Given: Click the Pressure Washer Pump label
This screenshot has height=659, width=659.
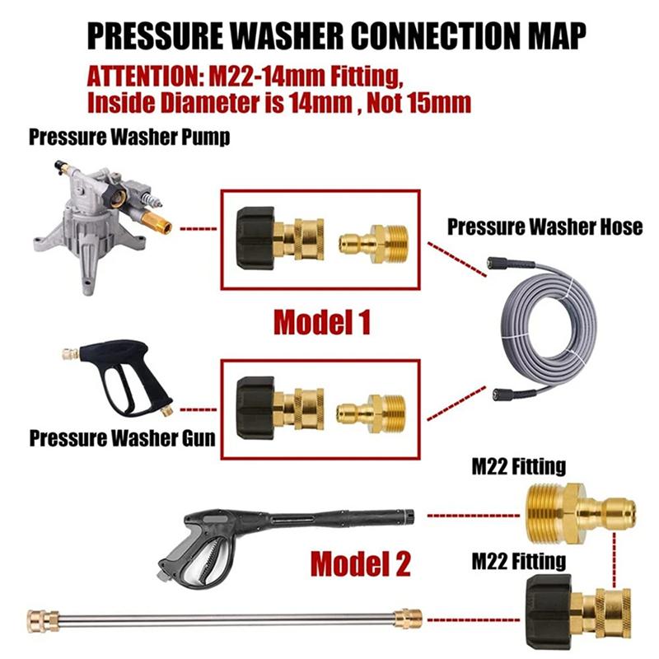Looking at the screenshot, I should tap(129, 137).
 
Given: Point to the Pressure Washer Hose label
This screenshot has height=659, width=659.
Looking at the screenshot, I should tap(544, 227).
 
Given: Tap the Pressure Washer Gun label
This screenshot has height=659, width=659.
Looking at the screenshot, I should tap(123, 437).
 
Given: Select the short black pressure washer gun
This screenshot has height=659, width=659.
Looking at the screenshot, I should tap(124, 379).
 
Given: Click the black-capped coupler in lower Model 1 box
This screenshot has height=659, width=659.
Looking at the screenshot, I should tap(278, 404).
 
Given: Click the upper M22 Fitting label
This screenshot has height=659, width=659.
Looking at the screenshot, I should tap(518, 467).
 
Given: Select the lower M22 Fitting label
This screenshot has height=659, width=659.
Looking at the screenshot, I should tap(518, 562).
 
